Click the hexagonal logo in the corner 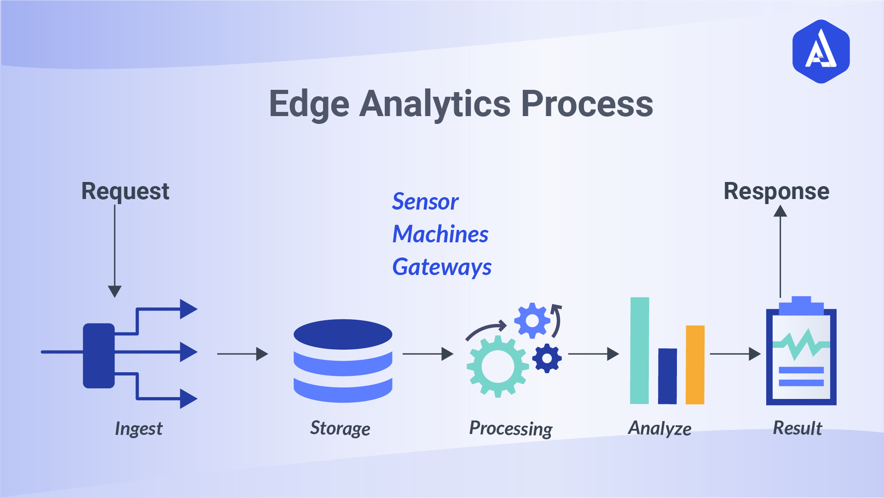pyautogui.click(x=821, y=51)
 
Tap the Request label pyautogui.click(x=125, y=191)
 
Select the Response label pyautogui.click(x=776, y=191)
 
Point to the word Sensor pyautogui.click(x=425, y=202)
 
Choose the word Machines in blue pyautogui.click(x=440, y=234)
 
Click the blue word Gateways pyautogui.click(x=442, y=267)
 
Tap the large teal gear pyautogui.click(x=497, y=366)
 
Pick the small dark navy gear pyautogui.click(x=547, y=358)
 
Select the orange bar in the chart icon pyautogui.click(x=695, y=365)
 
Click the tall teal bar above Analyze pyautogui.click(x=639, y=351)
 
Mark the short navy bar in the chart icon pyautogui.click(x=667, y=376)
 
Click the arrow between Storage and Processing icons pyautogui.click(x=428, y=354)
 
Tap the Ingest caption pyautogui.click(x=139, y=429)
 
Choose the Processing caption pyautogui.click(x=510, y=429)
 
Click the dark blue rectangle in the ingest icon pyautogui.click(x=98, y=356)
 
